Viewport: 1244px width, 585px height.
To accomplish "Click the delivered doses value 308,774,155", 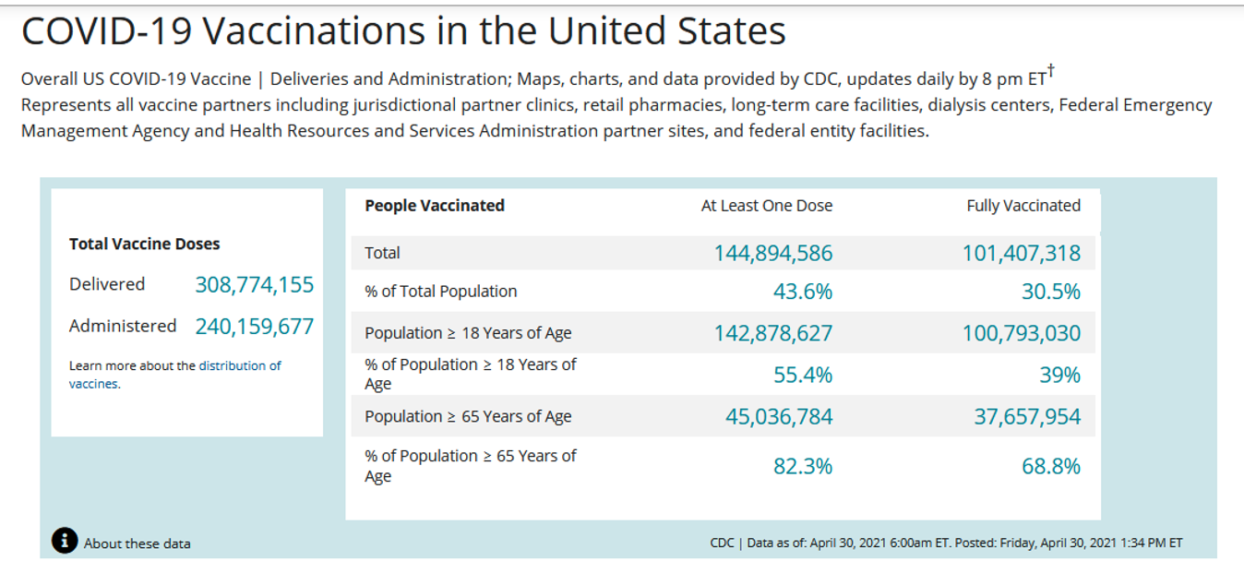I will (254, 285).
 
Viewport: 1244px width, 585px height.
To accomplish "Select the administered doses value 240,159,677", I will (254, 327).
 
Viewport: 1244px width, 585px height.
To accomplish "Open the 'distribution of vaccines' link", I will (239, 366).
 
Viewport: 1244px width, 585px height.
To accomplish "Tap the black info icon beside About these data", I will (65, 542).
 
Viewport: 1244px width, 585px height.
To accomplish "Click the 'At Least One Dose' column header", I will (766, 206).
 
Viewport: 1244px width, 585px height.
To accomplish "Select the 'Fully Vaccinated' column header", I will (1023, 206).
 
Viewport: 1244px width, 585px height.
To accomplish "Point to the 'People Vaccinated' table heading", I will (435, 206).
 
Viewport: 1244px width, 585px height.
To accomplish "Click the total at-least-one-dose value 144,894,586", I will (772, 253).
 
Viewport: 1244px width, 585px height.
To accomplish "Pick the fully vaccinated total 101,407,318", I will (1021, 253).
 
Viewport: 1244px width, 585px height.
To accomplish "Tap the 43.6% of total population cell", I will (802, 292).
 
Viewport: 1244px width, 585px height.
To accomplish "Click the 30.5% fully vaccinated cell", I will (1050, 292).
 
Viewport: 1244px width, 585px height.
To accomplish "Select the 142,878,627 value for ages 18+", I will (772, 333).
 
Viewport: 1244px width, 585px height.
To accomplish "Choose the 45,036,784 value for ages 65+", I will (778, 417).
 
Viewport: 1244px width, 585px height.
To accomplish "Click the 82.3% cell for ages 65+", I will (802, 466).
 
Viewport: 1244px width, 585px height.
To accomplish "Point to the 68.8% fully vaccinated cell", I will (1050, 466).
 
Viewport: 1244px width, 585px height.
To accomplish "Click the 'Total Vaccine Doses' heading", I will (145, 245).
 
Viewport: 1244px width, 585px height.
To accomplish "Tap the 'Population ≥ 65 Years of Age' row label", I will (468, 417).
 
